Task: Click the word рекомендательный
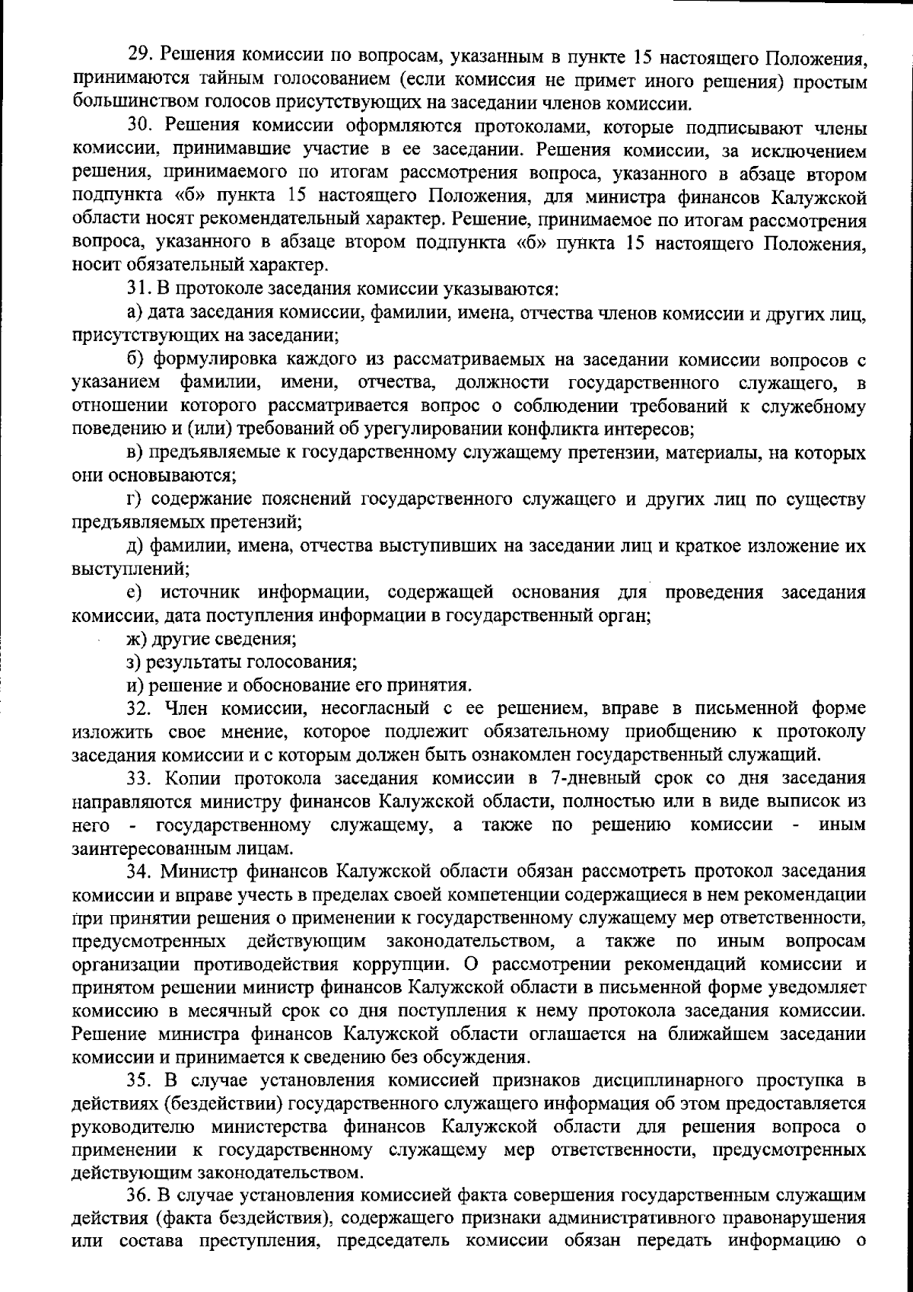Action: click(x=288, y=221)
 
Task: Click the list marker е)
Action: click(x=135, y=592)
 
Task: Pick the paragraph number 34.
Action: click(x=138, y=870)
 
